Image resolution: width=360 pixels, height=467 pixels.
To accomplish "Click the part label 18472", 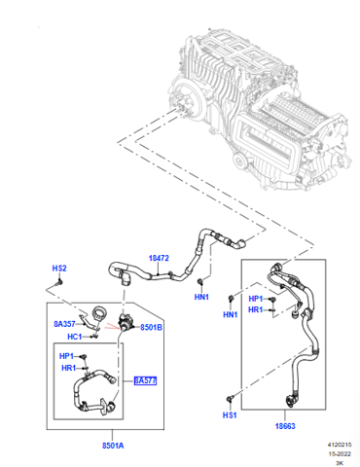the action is (x=159, y=258).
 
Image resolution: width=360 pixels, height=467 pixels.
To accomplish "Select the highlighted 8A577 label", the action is (x=145, y=380).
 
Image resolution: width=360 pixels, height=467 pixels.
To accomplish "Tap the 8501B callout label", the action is (x=151, y=328).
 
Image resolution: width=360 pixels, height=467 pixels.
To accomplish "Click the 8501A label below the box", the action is (x=113, y=446).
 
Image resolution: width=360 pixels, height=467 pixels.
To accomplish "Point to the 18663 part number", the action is (x=285, y=426).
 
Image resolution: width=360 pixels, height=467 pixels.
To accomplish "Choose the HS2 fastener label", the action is (x=59, y=269).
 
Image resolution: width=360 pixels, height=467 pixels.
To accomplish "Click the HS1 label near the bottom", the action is (x=230, y=415).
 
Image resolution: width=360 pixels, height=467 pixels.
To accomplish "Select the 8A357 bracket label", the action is (x=64, y=324).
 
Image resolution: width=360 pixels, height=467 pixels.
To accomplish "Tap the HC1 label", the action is (x=74, y=337).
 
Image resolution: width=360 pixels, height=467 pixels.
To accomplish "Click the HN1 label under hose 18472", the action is (x=201, y=297).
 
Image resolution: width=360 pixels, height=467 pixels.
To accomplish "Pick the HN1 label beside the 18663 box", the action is (x=231, y=314).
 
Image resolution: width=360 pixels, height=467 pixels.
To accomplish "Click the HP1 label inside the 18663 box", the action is (x=256, y=299).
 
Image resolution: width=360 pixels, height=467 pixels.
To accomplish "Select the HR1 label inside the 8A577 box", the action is (x=69, y=368).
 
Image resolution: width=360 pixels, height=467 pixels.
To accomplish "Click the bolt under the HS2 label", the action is (x=58, y=283).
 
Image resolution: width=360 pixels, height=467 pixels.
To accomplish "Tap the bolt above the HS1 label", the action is (x=231, y=398).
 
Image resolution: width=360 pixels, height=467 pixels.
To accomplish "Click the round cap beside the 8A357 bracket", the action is (x=98, y=313).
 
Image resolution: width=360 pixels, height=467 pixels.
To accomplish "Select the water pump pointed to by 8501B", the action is (x=126, y=323).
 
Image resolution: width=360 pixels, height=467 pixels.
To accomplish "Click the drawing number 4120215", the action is (x=340, y=445).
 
